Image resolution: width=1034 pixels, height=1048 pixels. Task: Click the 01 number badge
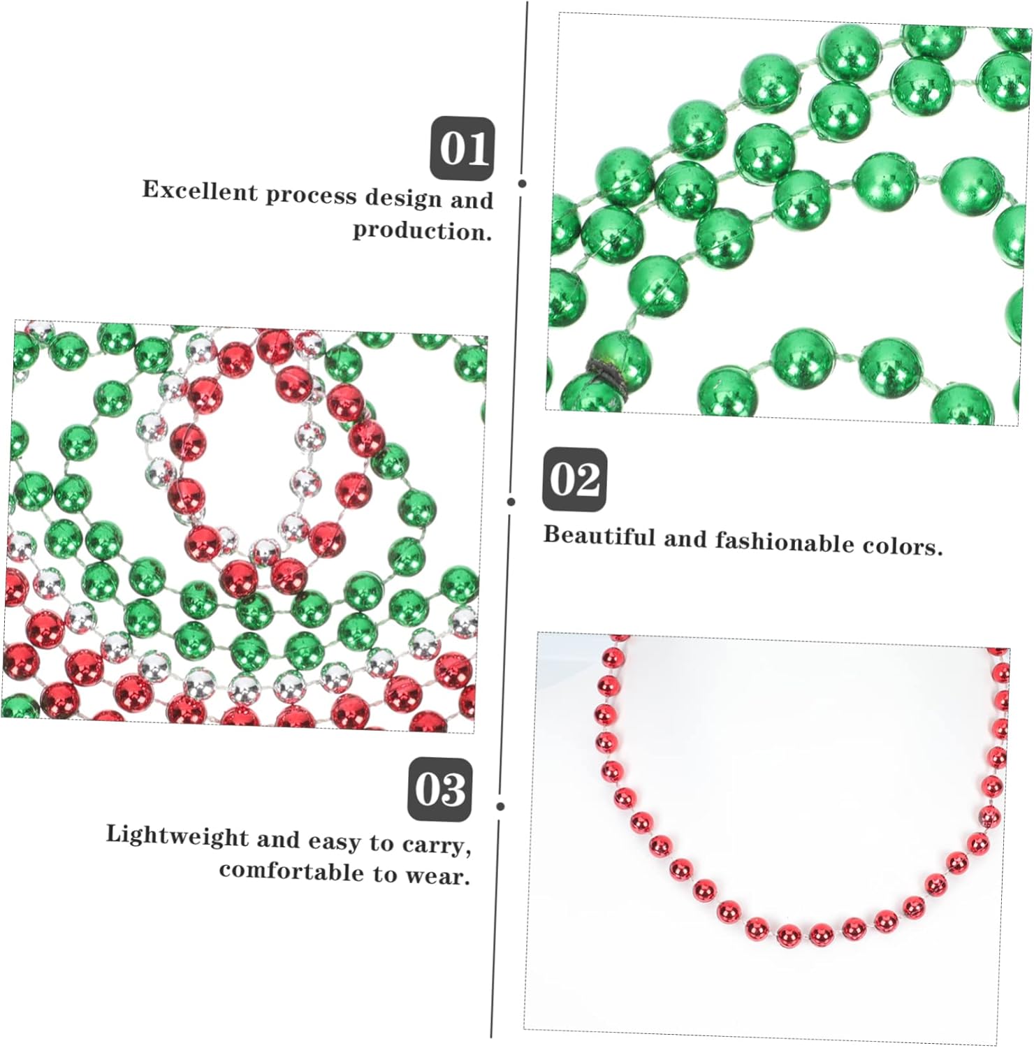pos(462,149)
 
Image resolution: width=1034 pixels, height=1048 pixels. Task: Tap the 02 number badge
pos(574,480)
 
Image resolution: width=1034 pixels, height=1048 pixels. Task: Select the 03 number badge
pos(439,789)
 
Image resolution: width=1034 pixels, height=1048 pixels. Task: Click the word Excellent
pos(200,191)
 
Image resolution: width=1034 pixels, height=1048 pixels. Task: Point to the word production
pos(422,231)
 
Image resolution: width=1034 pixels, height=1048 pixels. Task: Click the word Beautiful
pos(599,536)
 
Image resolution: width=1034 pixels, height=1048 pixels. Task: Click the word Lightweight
pos(177,836)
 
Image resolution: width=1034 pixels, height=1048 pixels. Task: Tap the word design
pos(404,198)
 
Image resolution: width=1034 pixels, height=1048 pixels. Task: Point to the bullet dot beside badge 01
pos(522,184)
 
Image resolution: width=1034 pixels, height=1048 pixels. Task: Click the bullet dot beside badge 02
pos(511,502)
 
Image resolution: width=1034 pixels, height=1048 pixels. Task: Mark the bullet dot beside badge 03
pos(500,806)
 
